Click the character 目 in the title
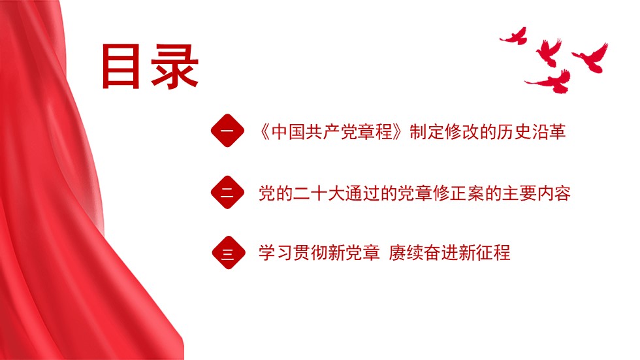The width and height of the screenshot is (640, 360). pyautogui.click(x=121, y=66)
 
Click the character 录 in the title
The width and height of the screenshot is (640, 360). pyautogui.click(x=175, y=67)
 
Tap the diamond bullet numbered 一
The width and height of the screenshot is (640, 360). pyautogui.click(x=227, y=131)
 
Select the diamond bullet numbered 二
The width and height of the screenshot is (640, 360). pyautogui.click(x=227, y=192)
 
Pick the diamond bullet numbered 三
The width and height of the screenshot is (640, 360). pyautogui.click(x=229, y=253)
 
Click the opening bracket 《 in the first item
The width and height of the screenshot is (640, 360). pyautogui.click(x=264, y=132)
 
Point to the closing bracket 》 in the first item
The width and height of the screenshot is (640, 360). pyautogui.click(x=398, y=132)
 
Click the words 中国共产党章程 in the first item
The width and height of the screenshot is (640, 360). pyautogui.click(x=332, y=132)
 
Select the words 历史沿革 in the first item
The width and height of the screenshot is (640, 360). pyautogui.click(x=532, y=132)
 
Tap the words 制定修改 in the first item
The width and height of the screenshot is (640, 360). pyautogui.click(x=444, y=132)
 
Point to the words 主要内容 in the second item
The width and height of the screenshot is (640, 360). pyautogui.click(x=536, y=193)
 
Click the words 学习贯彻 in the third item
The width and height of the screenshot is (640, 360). pyautogui.click(x=293, y=253)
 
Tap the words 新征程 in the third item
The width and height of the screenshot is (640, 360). pyautogui.click(x=484, y=253)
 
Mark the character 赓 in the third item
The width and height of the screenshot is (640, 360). pyautogui.click(x=397, y=253)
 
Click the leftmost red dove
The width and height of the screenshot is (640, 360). pyautogui.click(x=514, y=36)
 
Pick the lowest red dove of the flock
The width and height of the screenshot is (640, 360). pyautogui.click(x=550, y=82)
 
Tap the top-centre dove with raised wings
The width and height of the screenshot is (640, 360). pyautogui.click(x=549, y=52)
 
